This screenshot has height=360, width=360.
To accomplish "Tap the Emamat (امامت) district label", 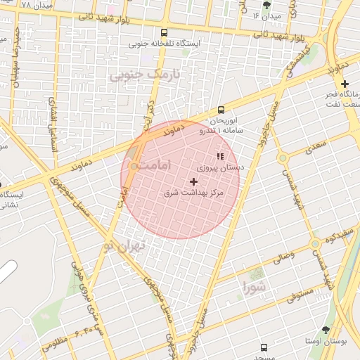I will [x=152, y=165].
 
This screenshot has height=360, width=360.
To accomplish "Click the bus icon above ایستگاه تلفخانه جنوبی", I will [x=165, y=32].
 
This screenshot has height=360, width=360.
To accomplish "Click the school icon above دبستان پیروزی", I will [x=220, y=156].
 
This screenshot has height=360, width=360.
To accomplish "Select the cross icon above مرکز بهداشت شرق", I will [x=194, y=181].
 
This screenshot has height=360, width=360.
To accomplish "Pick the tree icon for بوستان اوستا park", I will [x=326, y=329].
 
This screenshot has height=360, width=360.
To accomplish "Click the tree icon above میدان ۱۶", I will [x=266, y=5].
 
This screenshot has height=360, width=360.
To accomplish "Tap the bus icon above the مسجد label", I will [x=264, y=347].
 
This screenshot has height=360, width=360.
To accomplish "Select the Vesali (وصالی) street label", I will [x=284, y=257].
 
